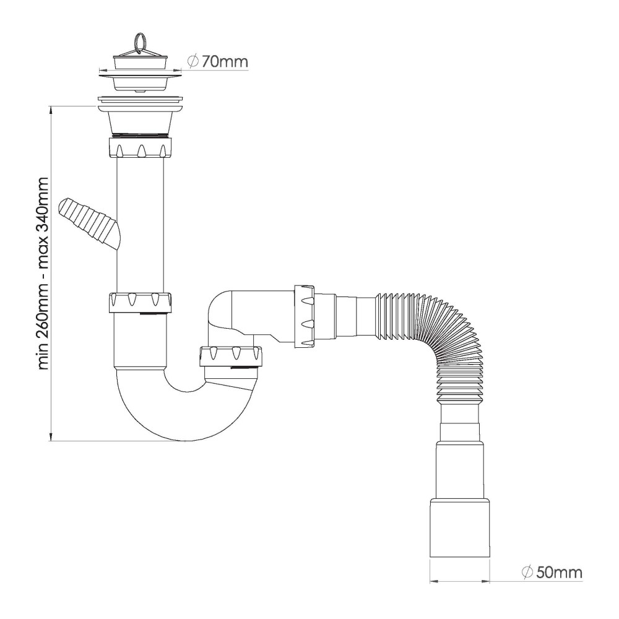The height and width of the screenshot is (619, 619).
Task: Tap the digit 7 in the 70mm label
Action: click(207, 61)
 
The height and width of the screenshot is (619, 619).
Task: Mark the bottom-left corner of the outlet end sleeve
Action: click(430, 557)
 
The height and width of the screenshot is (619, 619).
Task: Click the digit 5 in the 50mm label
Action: click(541, 572)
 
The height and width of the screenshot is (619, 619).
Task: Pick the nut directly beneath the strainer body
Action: click(139, 146)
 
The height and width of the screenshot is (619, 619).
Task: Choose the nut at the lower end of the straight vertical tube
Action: click(139, 303)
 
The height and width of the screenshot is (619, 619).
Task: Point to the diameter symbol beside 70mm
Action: click(193, 61)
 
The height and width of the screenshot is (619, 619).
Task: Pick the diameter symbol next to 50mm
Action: click(527, 572)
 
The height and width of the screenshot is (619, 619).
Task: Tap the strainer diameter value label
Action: click(218, 61)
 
